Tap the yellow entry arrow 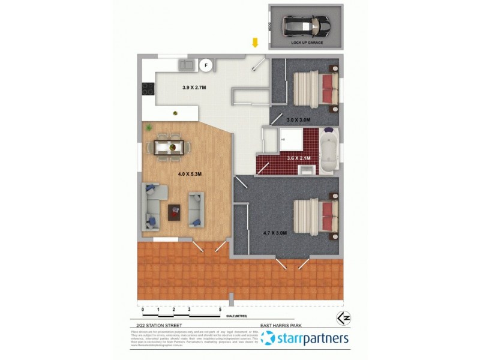point(255,43)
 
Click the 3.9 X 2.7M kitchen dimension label point(194,88)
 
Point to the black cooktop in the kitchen point(147,89)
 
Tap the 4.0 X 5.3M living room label point(190,174)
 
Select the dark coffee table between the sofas point(175,211)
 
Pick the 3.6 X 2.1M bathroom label point(299,158)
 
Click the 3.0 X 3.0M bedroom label point(298,120)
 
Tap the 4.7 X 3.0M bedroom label point(275,232)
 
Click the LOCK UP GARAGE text point(307,43)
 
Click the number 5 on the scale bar point(221,309)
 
